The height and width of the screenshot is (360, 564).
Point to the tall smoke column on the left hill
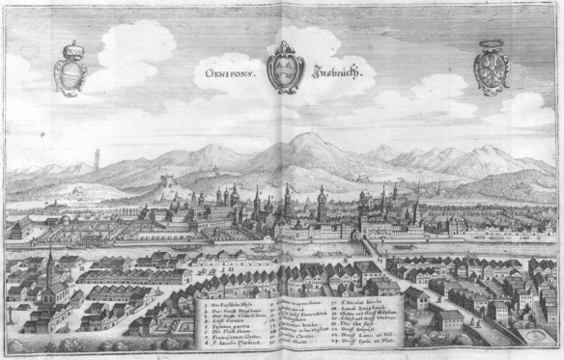[99, 157]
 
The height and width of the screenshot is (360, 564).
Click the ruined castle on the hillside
[169, 180]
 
